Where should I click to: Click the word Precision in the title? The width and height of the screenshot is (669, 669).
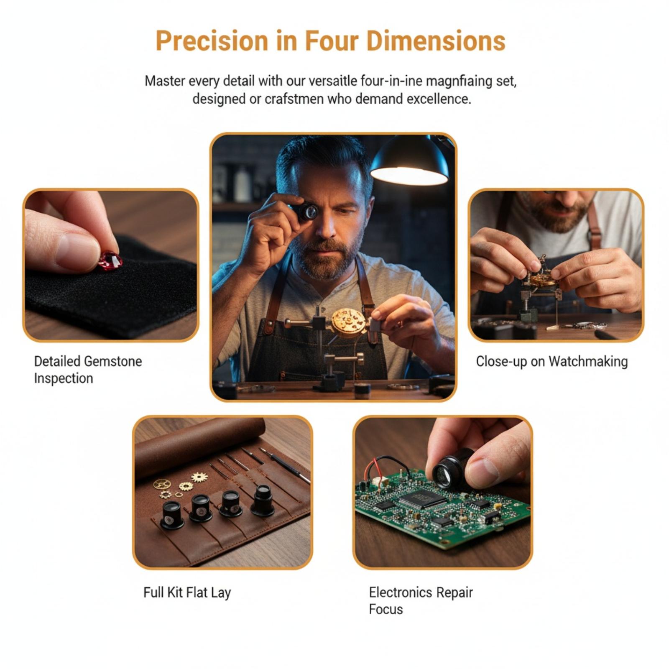212,41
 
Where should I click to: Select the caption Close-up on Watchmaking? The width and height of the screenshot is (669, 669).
552,362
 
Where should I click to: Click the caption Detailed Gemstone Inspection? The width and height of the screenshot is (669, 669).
88,370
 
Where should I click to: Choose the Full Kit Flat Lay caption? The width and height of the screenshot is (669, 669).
187,593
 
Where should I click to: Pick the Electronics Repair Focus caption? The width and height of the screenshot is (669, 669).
421,601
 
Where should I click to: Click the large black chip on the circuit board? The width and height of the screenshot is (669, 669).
422,498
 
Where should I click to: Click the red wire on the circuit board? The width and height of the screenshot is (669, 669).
370,471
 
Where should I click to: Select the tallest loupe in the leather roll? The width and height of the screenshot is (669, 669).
262,500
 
